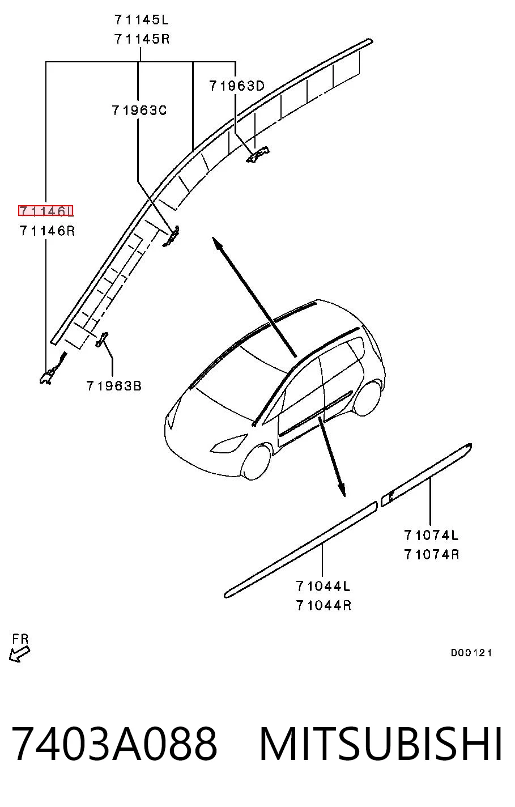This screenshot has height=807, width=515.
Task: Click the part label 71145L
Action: [x=142, y=20]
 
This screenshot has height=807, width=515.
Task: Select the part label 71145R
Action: [x=142, y=39]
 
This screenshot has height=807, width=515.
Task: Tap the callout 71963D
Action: [x=237, y=86]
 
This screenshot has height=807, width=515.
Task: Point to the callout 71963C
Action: [x=139, y=110]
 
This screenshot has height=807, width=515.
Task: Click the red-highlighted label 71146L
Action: [x=46, y=211]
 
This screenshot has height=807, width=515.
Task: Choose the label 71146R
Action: [x=47, y=231]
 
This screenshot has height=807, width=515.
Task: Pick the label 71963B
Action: [x=114, y=386]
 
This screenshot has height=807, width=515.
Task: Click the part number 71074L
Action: [x=431, y=536]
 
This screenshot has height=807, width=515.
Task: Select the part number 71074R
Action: [x=432, y=554]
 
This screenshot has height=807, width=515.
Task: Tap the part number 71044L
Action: [x=323, y=586]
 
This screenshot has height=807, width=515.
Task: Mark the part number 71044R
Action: [x=324, y=605]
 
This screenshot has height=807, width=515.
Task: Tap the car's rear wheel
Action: [x=367, y=397]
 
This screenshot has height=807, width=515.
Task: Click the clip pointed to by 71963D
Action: [x=257, y=154]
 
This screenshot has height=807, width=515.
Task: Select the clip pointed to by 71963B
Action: [x=101, y=339]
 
